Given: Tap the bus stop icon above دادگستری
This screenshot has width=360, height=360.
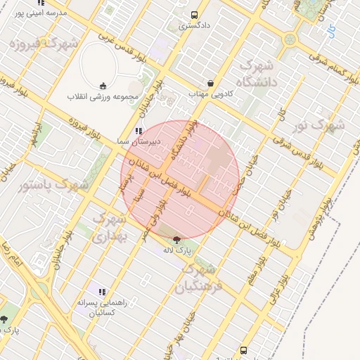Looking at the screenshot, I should [194, 15].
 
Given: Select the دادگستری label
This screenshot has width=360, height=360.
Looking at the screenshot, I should [193, 26].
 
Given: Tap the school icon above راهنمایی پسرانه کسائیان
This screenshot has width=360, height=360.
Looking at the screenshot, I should [102, 291].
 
